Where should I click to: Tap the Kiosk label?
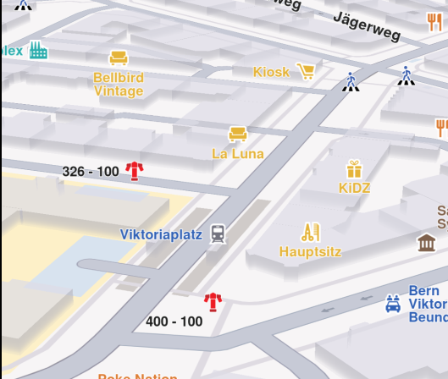(x=271, y=72)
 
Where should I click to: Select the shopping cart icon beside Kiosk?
(x=306, y=71)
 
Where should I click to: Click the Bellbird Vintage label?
(x=119, y=85)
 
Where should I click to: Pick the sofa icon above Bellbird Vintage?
(x=119, y=58)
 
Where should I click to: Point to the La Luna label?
(x=238, y=154)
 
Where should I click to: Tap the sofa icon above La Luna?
(x=238, y=133)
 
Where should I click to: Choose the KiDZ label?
(x=354, y=188)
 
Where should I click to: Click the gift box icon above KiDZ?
(x=353, y=168)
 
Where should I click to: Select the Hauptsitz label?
(x=309, y=251)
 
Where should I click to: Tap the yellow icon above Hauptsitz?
(x=310, y=231)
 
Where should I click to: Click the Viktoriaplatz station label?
(x=161, y=234)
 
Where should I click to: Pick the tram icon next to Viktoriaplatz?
(x=218, y=233)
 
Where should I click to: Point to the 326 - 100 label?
(x=91, y=172)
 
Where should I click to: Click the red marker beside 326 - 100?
(x=134, y=171)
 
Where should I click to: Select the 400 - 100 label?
(x=174, y=321)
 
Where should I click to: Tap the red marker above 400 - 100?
(x=213, y=301)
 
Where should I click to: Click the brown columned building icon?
(x=427, y=244)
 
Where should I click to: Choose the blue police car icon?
(x=393, y=304)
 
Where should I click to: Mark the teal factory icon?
(x=38, y=51)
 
